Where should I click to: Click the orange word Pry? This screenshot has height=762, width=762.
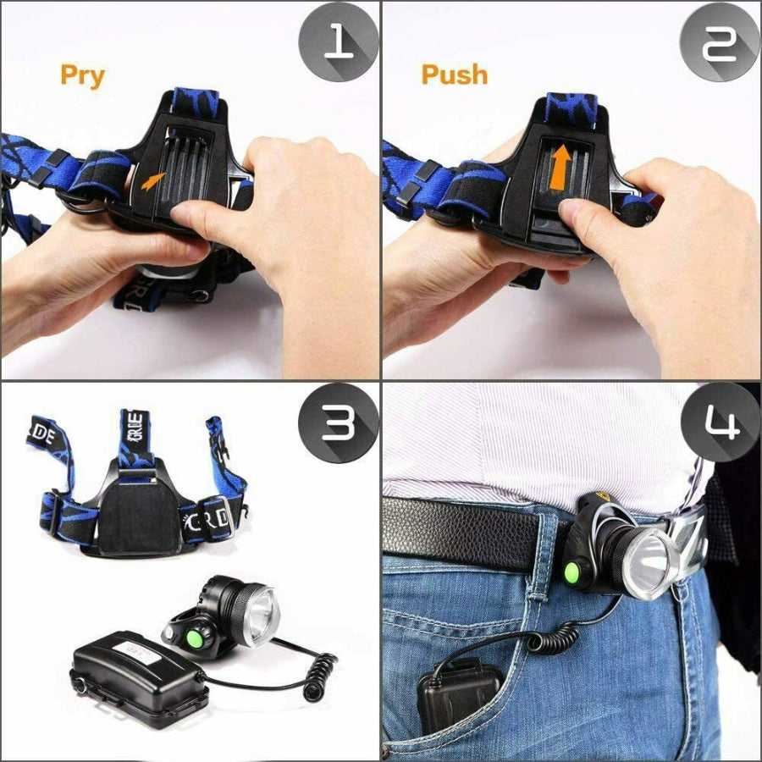point(82,75)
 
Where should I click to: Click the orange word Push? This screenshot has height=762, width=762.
point(455,75)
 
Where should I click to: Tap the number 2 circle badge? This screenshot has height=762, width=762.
point(719,41)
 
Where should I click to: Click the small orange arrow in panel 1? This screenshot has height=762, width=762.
point(153,180)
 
